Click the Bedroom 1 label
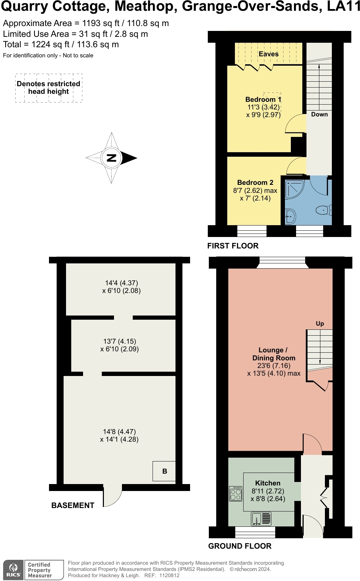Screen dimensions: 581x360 click(x=263, y=99)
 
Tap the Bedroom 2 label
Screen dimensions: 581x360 click(x=255, y=182)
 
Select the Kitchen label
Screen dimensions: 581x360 click(x=268, y=483)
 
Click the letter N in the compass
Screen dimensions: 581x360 click(x=111, y=158)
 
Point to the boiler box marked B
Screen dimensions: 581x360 click(x=164, y=471)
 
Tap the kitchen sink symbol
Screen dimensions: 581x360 click(x=261, y=519)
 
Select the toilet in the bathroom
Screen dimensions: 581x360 click(x=324, y=210)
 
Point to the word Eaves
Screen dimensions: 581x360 click(x=269, y=54)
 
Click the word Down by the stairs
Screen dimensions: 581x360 click(x=319, y=114)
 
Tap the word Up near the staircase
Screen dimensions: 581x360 click(x=320, y=324)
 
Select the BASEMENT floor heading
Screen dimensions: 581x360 click(x=73, y=506)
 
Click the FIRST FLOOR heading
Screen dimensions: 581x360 click(x=233, y=246)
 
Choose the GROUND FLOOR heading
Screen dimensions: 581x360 click(x=240, y=546)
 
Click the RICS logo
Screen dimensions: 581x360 click(x=14, y=570)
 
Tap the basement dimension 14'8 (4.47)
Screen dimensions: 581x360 click(x=119, y=432)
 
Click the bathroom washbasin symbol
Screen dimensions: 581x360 click(x=291, y=217)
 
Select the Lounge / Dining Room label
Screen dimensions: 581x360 click(x=273, y=354)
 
